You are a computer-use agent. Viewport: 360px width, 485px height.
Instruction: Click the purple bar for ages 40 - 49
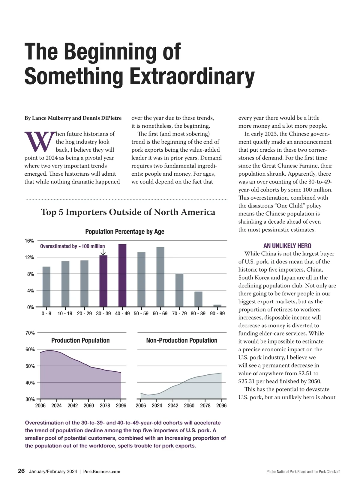[122, 275]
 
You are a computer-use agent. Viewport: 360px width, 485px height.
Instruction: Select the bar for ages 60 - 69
[160, 277]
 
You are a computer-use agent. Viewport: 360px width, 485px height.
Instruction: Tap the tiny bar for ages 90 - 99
[217, 306]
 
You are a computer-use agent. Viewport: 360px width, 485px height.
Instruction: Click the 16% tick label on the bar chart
[29, 241]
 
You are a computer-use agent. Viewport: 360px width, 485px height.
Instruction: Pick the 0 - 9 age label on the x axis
[46, 314]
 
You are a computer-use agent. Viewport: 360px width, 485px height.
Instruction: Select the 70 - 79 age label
[179, 314]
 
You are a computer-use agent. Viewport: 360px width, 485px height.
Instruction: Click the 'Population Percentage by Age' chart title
[124, 232]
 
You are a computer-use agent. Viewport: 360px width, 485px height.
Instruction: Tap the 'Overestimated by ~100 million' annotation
[72, 246]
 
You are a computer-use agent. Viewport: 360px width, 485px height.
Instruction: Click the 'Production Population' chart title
[80, 341]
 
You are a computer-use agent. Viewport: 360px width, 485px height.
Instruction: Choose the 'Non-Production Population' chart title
[181, 341]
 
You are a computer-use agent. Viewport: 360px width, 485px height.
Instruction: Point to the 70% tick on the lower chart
[30, 333]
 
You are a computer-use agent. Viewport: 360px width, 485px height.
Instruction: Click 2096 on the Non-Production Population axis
[221, 406]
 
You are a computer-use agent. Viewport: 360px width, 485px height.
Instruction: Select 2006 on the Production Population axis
[40, 406]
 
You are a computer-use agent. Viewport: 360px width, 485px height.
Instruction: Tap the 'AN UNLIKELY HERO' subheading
[287, 246]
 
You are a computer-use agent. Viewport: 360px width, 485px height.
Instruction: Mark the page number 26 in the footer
[21, 471]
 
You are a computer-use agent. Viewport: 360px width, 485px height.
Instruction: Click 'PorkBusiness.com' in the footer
[102, 472]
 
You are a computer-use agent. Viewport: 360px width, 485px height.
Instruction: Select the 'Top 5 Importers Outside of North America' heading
[128, 212]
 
